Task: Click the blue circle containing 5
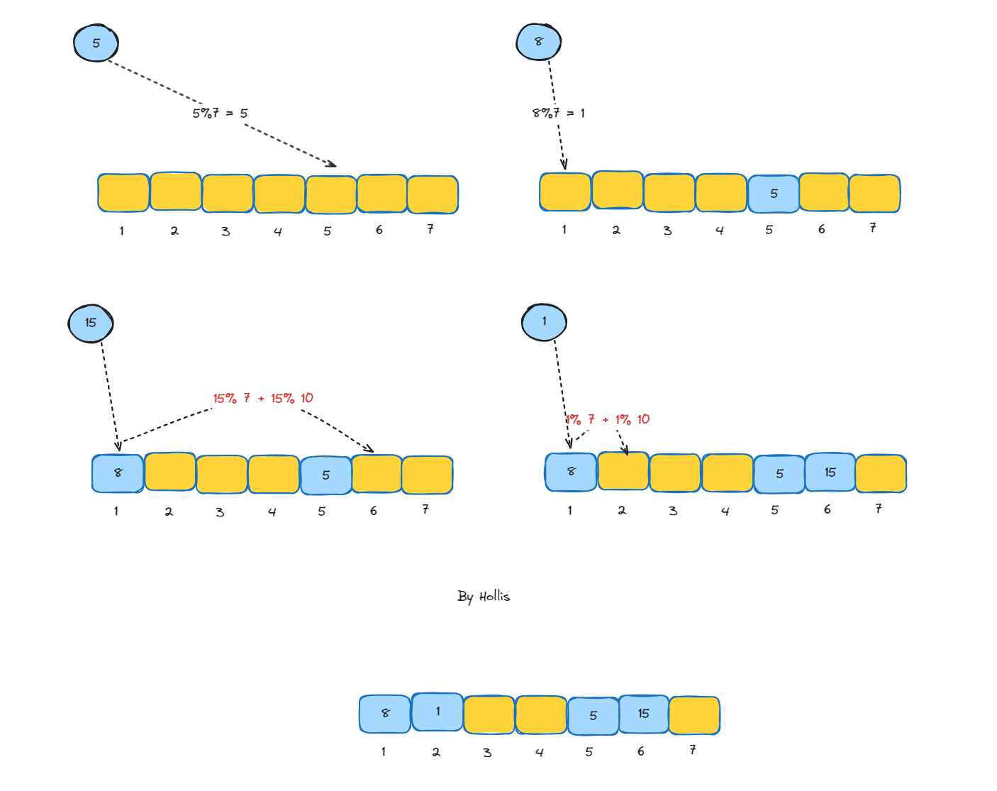click(x=96, y=43)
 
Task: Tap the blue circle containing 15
click(x=91, y=323)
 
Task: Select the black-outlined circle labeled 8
click(x=538, y=41)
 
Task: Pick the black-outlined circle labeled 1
click(x=544, y=321)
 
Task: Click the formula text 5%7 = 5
click(x=220, y=113)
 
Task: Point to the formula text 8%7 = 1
click(x=559, y=113)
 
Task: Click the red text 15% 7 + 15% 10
click(x=263, y=399)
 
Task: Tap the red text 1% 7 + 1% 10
click(x=608, y=420)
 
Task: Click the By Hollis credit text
click(x=484, y=596)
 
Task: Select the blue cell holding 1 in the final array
click(x=438, y=712)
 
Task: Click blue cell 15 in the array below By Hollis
click(x=643, y=714)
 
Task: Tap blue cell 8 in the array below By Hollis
click(x=385, y=714)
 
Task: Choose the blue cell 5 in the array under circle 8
click(x=774, y=194)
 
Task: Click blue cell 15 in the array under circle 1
click(x=830, y=472)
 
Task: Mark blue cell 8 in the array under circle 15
click(x=118, y=473)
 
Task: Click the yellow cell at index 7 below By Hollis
click(x=694, y=715)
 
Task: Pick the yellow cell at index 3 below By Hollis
click(x=489, y=714)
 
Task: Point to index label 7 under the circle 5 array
click(x=430, y=229)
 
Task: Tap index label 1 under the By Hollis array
click(x=384, y=751)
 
